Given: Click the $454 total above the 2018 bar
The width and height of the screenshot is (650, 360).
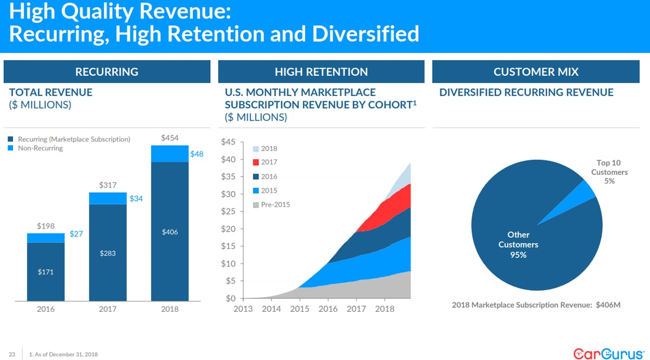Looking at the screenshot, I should pyautogui.click(x=170, y=138).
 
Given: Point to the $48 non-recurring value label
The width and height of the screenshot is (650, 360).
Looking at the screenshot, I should pyautogui.click(x=197, y=154).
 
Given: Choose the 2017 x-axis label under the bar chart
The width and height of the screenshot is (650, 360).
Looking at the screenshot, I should pyautogui.click(x=108, y=309).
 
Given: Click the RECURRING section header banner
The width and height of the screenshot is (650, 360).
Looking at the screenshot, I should pyautogui.click(x=107, y=71).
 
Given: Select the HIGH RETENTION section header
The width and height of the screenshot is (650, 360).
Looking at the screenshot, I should pyautogui.click(x=321, y=71).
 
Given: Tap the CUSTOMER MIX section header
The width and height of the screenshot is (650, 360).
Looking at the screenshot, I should pyautogui.click(x=536, y=71).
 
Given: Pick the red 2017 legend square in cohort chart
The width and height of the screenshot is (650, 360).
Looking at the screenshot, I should pyautogui.click(x=257, y=162).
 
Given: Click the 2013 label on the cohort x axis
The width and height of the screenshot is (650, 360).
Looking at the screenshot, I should pyautogui.click(x=243, y=309).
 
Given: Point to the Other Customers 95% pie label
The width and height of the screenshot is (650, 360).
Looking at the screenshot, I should pyautogui.click(x=518, y=245).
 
